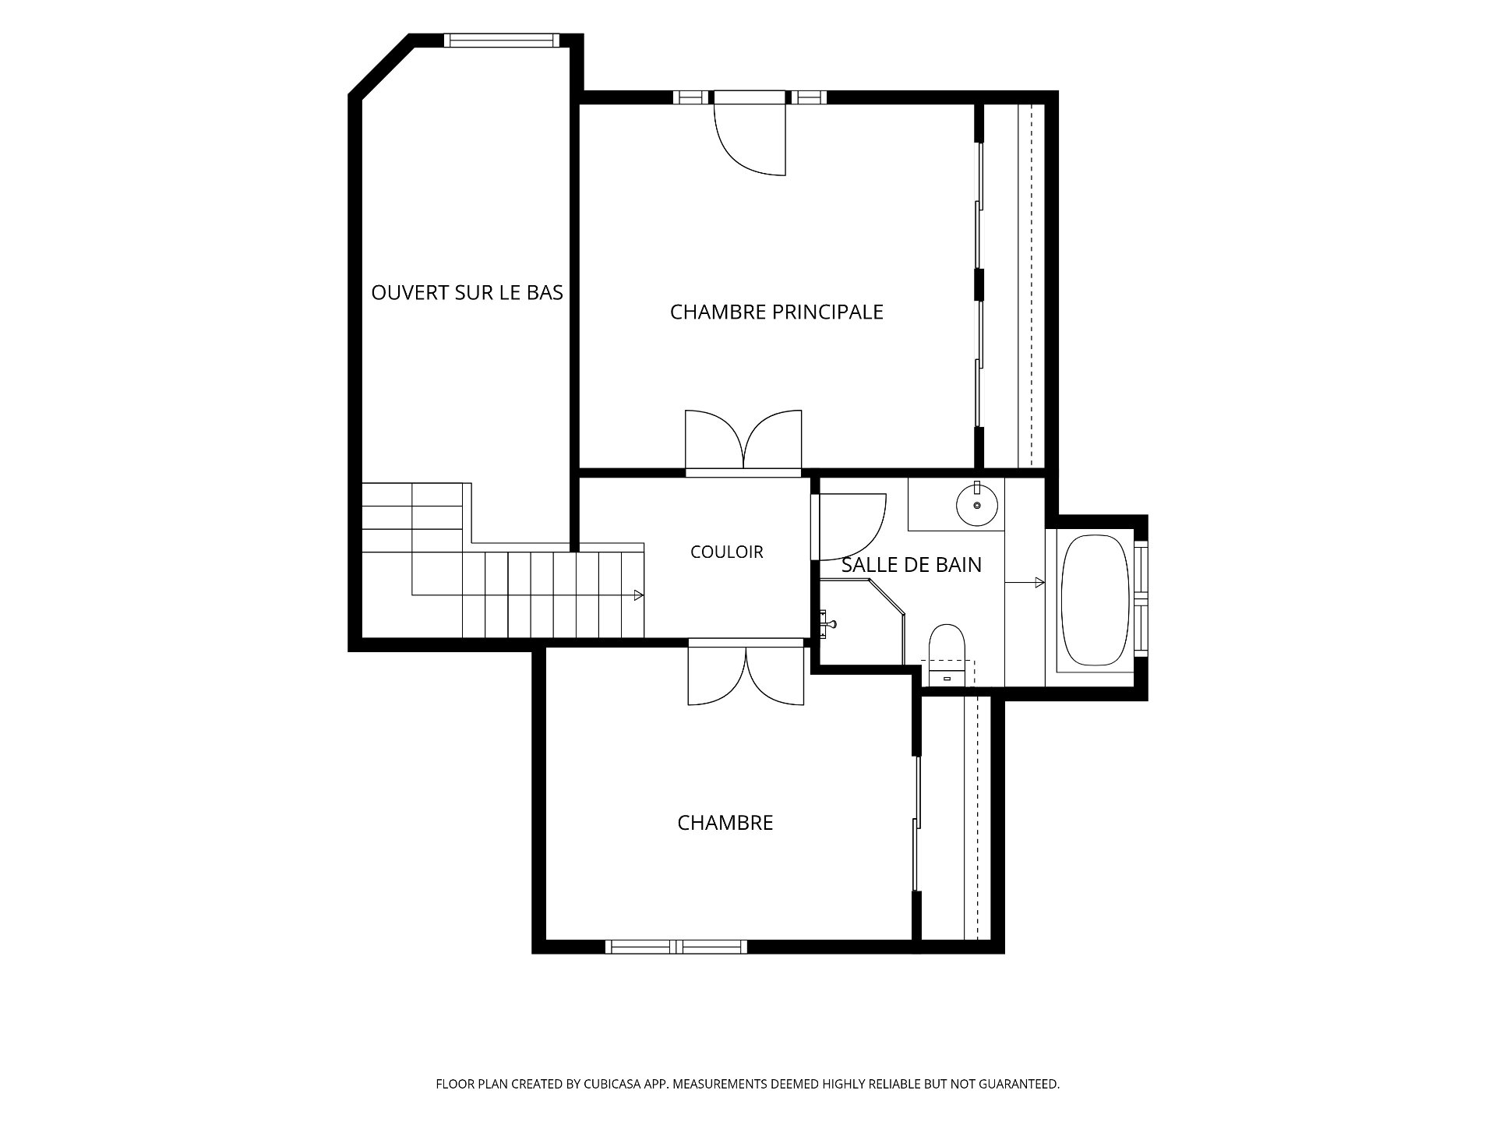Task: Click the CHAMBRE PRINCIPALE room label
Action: tap(777, 312)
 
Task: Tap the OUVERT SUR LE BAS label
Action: tap(467, 293)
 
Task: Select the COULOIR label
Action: tap(727, 552)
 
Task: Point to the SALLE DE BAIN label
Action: tap(912, 565)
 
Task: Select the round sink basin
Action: tap(977, 504)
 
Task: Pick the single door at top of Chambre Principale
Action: tap(750, 136)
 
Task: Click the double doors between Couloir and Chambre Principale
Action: tap(743, 440)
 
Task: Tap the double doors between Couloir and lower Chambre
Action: tap(746, 675)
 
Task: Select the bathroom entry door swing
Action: tap(849, 527)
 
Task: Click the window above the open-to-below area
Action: tap(502, 41)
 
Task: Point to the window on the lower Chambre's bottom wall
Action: tap(676, 947)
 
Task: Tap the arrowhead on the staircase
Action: tap(639, 595)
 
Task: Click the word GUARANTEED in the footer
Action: tap(1020, 1083)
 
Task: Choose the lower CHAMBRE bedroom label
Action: tap(725, 823)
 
